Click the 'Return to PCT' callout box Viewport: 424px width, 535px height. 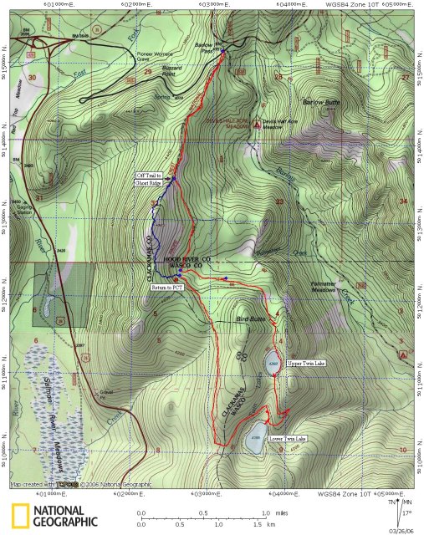[166, 287]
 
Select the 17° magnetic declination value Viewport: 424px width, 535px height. [407, 513]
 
